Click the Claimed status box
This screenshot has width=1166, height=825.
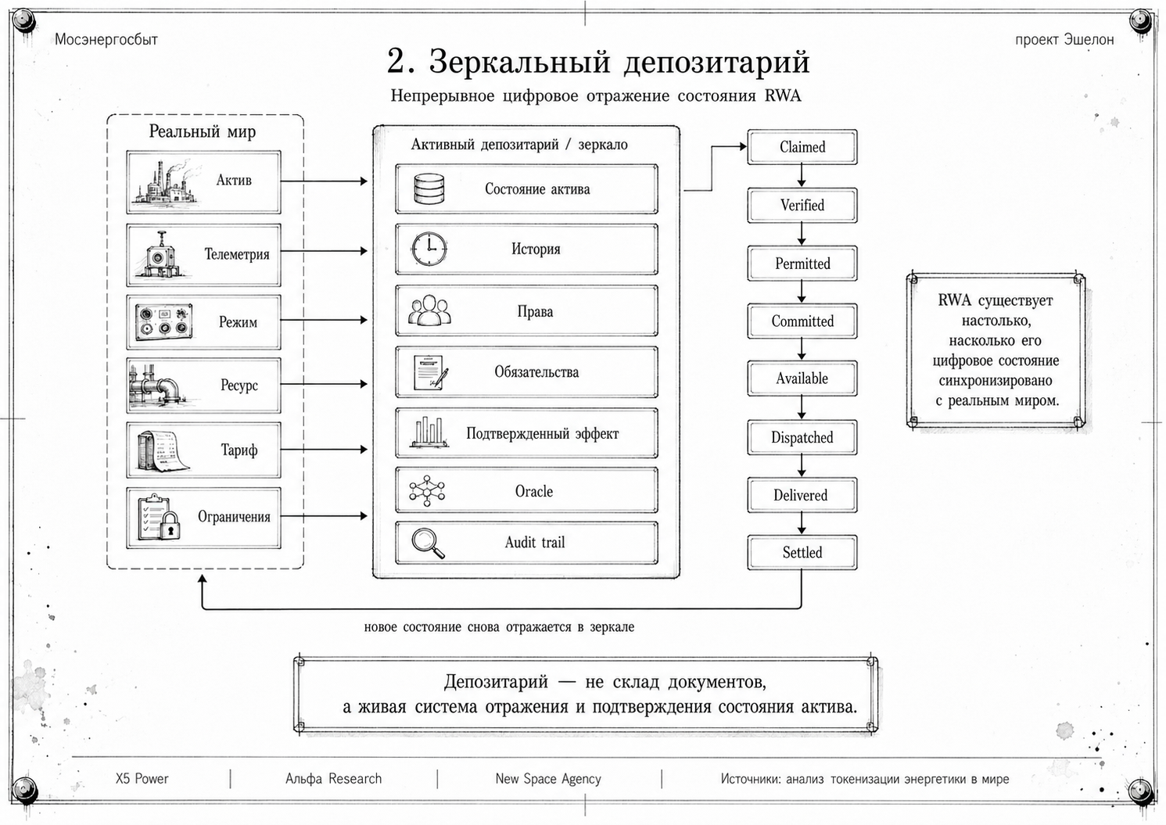pos(802,147)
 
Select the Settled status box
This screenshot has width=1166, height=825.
pos(802,552)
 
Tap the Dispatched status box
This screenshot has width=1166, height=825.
pos(802,437)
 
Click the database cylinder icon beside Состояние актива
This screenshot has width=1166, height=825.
pos(429,188)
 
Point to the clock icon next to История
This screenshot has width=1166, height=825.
pos(429,249)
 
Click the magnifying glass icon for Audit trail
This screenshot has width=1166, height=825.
pos(428,543)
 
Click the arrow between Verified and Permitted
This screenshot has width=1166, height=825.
pos(802,235)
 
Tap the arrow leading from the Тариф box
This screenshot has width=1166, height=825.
pos(324,449)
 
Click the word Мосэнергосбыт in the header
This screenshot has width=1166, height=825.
pos(106,40)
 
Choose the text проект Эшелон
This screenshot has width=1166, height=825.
pos(1064,40)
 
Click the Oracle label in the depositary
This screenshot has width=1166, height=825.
pos(533,491)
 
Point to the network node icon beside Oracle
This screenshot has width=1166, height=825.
pos(427,490)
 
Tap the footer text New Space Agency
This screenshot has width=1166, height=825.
pos(548,779)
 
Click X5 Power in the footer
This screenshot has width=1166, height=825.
pos(142,779)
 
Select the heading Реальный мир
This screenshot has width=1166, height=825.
pos(203,131)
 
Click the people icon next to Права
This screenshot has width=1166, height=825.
pos(429,310)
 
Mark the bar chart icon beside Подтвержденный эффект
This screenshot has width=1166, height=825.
pos(429,432)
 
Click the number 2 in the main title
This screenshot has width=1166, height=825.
pos(396,61)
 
